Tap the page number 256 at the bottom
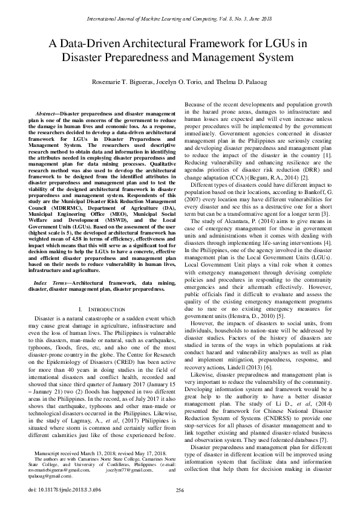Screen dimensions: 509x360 pyautogui.click(x=180, y=490)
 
